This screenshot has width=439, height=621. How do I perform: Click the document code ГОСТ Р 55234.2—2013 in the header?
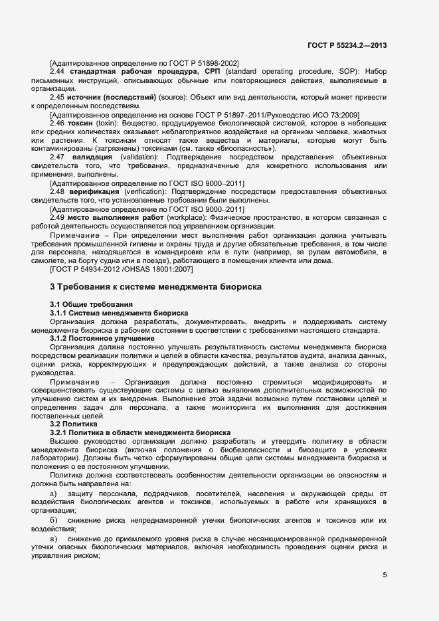(x=347, y=45)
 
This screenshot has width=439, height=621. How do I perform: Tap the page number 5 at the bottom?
(x=384, y=575)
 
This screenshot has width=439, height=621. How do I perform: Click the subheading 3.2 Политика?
(x=74, y=424)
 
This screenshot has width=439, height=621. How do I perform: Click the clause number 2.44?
(x=58, y=71)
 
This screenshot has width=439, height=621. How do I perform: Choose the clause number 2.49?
(x=58, y=217)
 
